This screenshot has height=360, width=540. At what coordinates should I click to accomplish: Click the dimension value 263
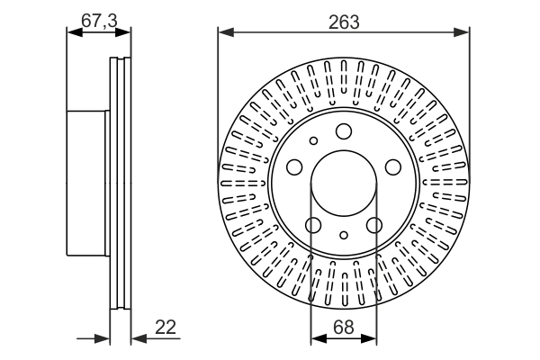pos(343,23)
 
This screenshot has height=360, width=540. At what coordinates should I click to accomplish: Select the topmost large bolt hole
pos(343,132)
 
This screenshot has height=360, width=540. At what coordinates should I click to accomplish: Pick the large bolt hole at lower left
pos(312,225)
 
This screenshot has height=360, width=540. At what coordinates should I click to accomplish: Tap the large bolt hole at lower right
pos(374,225)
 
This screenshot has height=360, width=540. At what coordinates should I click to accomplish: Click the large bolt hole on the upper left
pos(294,167)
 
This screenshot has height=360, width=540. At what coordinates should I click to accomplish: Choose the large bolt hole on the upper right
pos(392,167)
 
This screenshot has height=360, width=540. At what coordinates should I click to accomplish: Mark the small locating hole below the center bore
pos(343,236)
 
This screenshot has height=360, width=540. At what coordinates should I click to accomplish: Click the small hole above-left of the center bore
pos(313,140)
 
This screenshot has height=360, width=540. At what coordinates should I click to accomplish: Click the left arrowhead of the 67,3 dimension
pos(73,33)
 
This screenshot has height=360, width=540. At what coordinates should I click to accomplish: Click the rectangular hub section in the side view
pos(86,184)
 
